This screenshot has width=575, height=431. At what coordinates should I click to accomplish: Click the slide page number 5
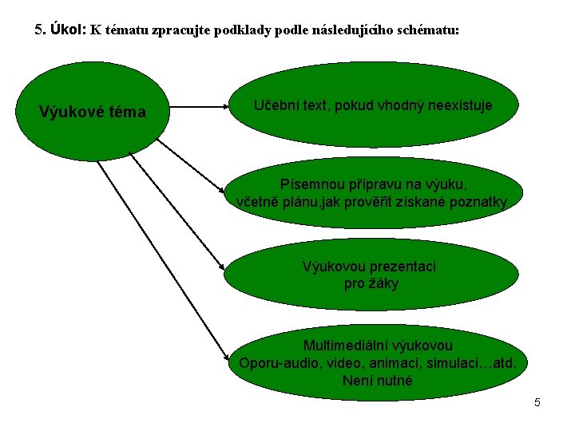click(537, 402)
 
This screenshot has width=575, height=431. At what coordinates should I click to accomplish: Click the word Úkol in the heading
click(66, 30)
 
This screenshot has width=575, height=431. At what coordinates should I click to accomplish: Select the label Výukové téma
click(93, 113)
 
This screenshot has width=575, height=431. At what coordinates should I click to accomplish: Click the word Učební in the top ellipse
click(276, 105)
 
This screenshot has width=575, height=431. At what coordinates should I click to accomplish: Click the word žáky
click(383, 283)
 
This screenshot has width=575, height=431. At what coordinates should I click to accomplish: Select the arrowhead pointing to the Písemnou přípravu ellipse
click(223, 191)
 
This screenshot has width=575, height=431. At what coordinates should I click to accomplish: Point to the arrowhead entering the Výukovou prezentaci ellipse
click(224, 271)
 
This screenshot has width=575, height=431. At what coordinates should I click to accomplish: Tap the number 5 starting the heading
click(39, 30)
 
